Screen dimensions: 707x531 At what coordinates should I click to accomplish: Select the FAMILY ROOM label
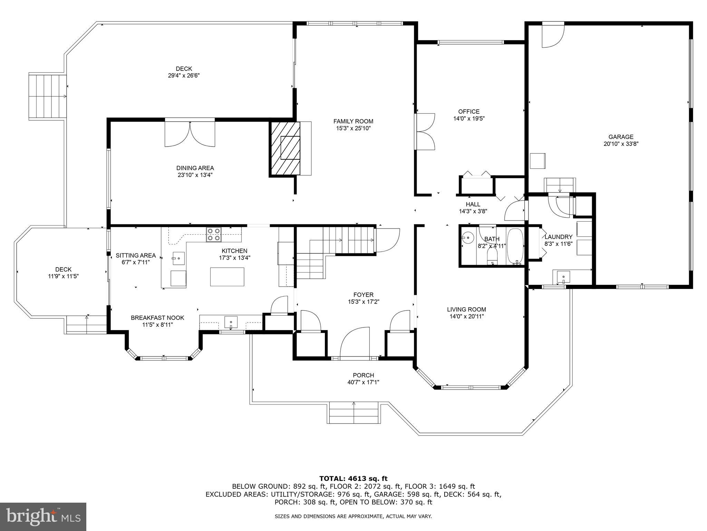tap(353, 121)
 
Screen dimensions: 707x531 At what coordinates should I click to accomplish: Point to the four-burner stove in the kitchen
tap(214, 234)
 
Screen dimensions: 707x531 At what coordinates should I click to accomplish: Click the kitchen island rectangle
tap(227, 277)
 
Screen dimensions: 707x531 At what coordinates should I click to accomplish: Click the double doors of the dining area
tap(190, 133)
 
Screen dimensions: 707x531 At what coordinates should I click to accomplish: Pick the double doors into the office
tap(425, 131)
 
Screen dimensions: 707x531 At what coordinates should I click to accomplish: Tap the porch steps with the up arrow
tap(353, 412)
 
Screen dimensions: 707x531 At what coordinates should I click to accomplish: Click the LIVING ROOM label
tap(466, 310)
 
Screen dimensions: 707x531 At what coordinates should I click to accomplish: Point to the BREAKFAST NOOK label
tap(157, 318)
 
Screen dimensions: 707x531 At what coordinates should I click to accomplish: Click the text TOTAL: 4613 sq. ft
tap(353, 479)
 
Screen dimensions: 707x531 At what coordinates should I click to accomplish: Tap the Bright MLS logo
tap(43, 517)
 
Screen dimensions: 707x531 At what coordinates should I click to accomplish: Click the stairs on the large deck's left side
tap(47, 97)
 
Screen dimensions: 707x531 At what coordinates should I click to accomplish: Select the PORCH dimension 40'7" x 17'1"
tap(363, 382)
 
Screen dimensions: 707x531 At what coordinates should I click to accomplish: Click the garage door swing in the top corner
tap(553, 35)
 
